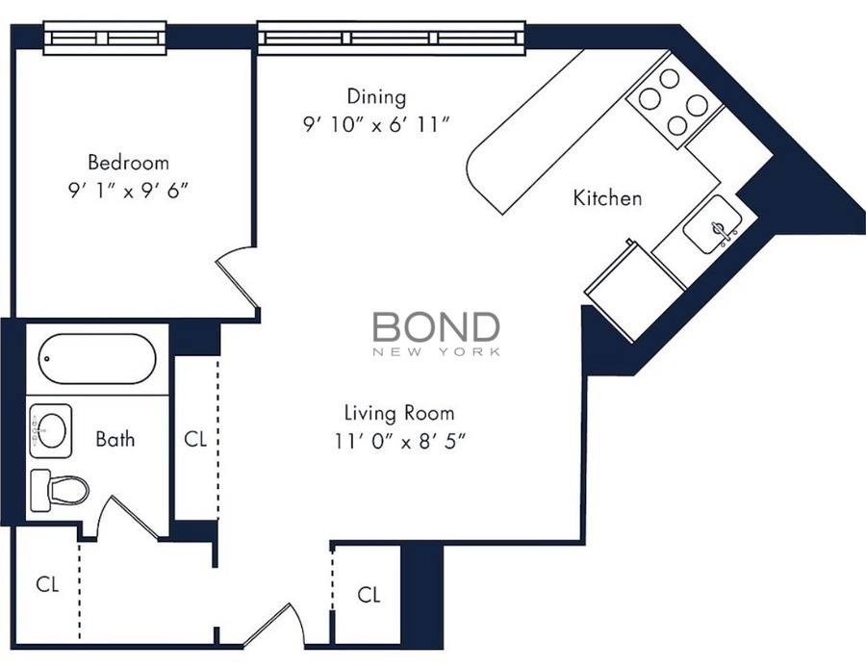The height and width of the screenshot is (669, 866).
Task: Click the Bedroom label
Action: pyautogui.click(x=128, y=163)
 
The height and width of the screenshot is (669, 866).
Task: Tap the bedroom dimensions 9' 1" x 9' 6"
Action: pyautogui.click(x=128, y=192)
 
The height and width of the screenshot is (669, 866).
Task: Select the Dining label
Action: pyautogui.click(x=376, y=96)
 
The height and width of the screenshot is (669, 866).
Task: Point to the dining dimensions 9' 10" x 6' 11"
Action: pyautogui.click(x=376, y=125)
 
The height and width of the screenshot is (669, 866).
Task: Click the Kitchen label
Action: pyautogui.click(x=607, y=197)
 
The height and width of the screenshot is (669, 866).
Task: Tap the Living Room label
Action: pyautogui.click(x=399, y=413)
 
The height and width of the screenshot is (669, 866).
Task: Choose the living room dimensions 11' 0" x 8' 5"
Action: pyautogui.click(x=400, y=442)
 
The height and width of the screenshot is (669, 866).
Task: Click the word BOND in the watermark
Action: pyautogui.click(x=436, y=327)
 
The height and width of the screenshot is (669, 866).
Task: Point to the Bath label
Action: pyautogui.click(x=115, y=439)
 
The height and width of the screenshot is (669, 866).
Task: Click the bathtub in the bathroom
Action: pyautogui.click(x=97, y=358)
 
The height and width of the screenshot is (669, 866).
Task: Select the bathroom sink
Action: pyautogui.click(x=51, y=430)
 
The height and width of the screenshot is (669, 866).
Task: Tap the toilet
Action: pyautogui.click(x=59, y=489)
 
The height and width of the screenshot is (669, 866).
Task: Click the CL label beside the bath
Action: pyautogui.click(x=195, y=439)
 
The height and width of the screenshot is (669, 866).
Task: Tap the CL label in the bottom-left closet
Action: pyautogui.click(x=47, y=584)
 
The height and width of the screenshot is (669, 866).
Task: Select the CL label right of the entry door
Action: pyautogui.click(x=369, y=595)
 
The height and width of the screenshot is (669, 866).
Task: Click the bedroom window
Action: pyautogui.click(x=105, y=39)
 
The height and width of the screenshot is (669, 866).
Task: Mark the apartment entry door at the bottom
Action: pyautogui.click(x=273, y=626)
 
